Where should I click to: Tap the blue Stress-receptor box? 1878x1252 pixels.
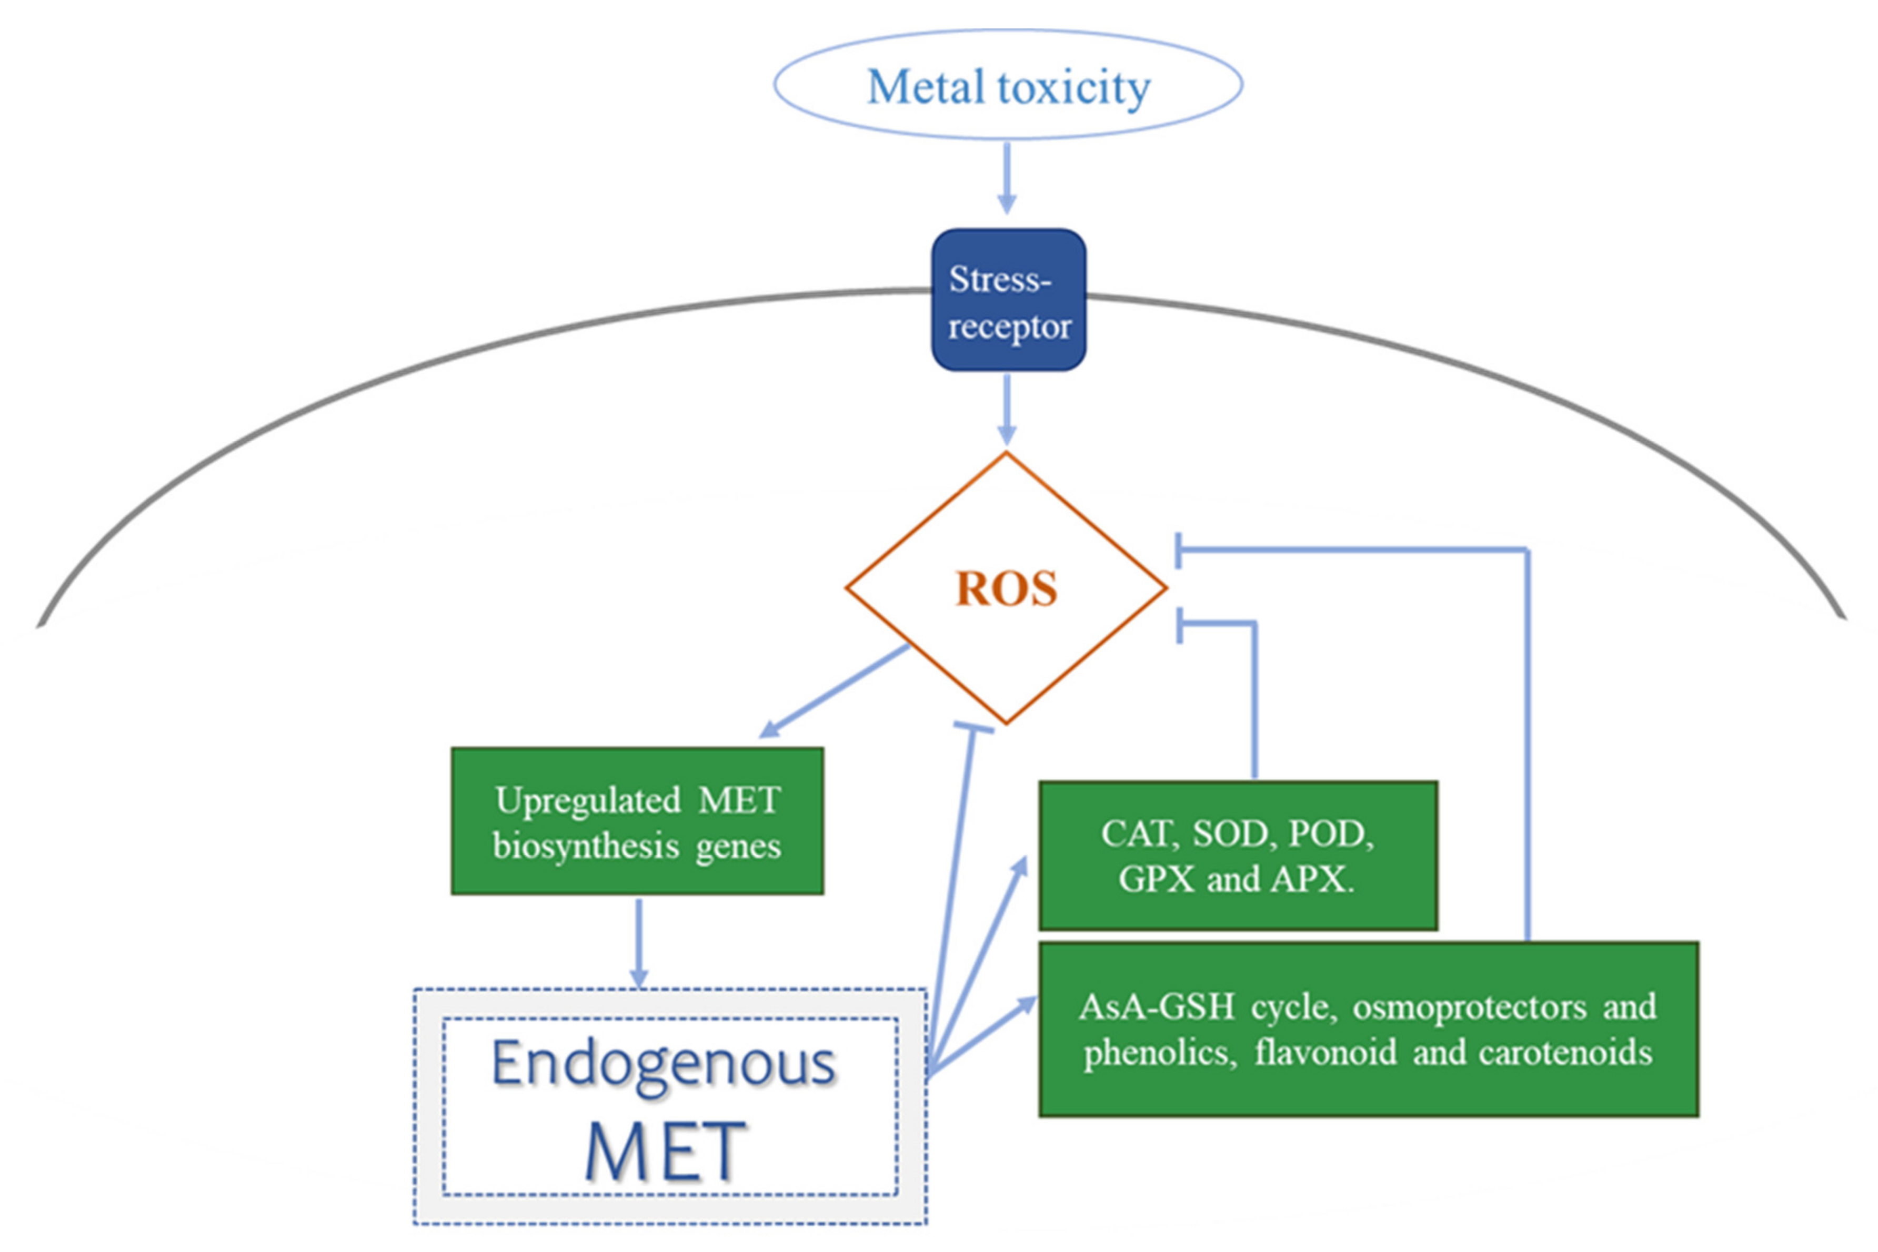pyautogui.click(x=1008, y=300)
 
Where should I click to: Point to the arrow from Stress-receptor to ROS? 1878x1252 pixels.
pyautogui.click(x=1007, y=409)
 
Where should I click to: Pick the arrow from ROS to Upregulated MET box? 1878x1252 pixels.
pyautogui.click(x=835, y=691)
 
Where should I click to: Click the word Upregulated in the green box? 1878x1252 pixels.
pyautogui.click(x=587, y=801)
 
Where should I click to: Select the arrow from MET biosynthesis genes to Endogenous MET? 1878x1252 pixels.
pyautogui.click(x=638, y=942)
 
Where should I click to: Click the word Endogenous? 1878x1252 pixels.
pyautogui.click(x=663, y=1064)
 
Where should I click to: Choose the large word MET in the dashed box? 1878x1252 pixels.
pyautogui.click(x=665, y=1152)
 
